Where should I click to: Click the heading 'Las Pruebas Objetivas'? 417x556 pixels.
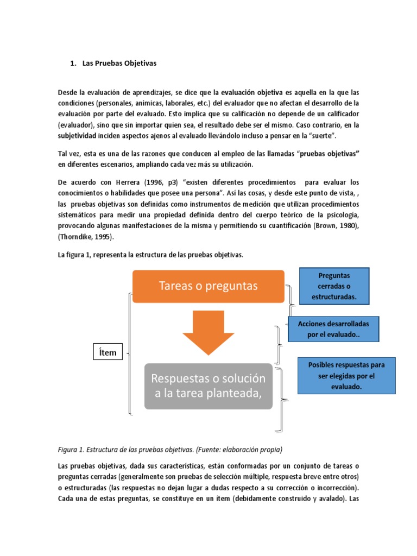(119, 63)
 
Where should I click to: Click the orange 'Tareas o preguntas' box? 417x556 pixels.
(208, 286)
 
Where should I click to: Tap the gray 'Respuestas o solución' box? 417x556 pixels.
(208, 386)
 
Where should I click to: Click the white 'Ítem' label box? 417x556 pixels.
(108, 352)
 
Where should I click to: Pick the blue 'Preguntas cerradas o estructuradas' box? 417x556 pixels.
(334, 286)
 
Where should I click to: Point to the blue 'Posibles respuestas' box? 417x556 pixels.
(346, 376)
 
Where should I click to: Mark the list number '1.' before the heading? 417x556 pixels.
(73, 63)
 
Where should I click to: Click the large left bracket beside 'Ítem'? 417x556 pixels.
(129, 354)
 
